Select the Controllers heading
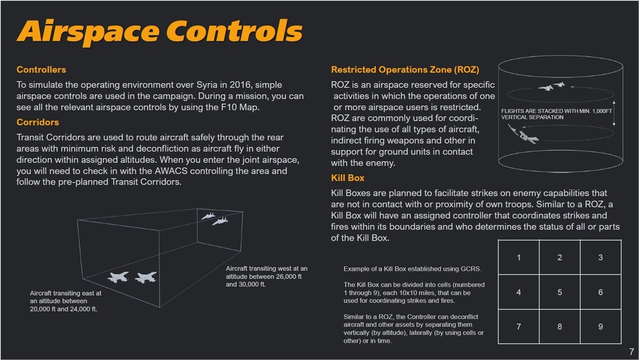[41, 69]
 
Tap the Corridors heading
[38, 122]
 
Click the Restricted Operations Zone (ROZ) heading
[404, 69]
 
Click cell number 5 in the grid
[559, 292]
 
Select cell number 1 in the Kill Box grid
[518, 257]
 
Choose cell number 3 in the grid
[601, 257]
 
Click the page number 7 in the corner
[631, 352]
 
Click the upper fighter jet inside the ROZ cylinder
[553, 86]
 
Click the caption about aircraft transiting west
[266, 276]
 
